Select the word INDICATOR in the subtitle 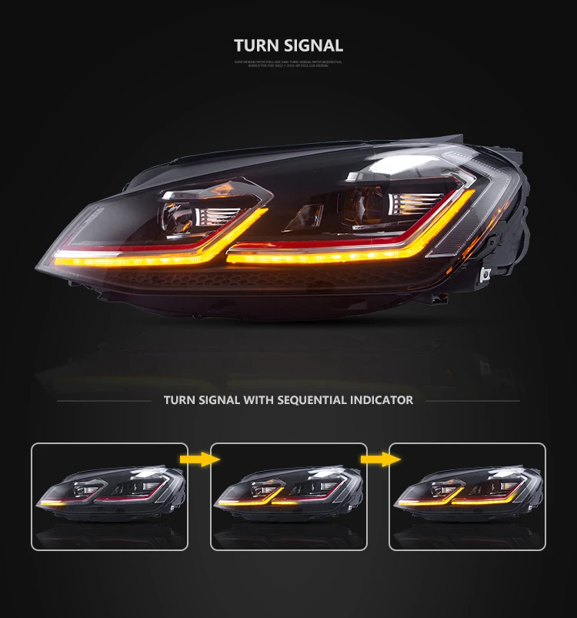(379, 400)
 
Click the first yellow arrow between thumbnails (199, 459)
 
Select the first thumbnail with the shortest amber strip (109, 496)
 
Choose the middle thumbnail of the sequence (288, 496)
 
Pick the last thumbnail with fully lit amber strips (467, 496)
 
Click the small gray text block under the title (288, 63)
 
